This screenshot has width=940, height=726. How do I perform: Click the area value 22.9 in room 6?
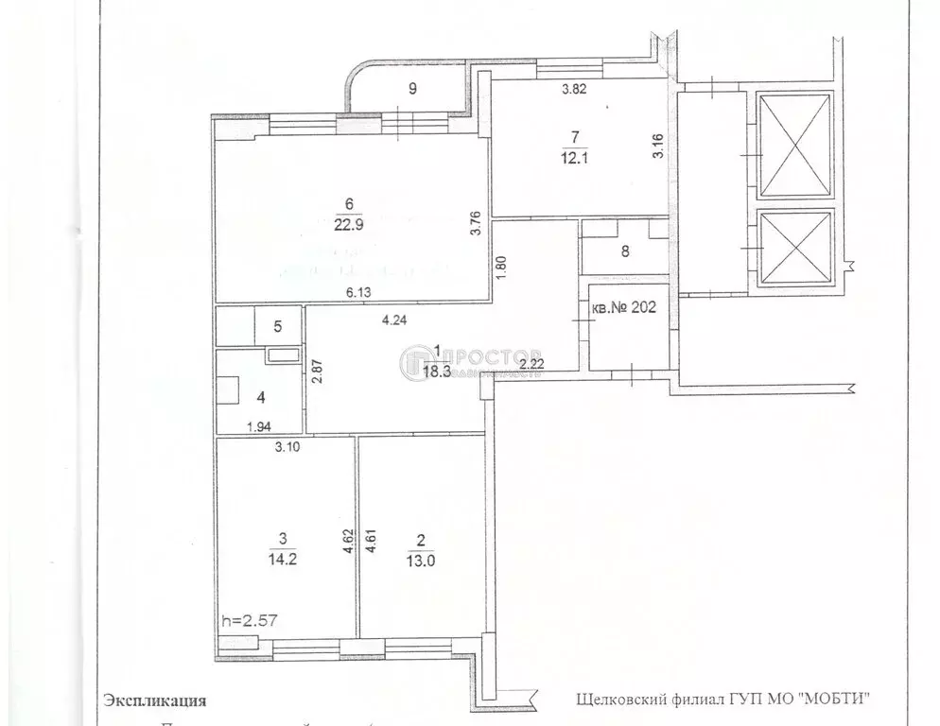click(350, 226)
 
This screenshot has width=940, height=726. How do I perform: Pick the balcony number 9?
click(412, 90)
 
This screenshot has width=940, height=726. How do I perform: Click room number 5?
click(278, 327)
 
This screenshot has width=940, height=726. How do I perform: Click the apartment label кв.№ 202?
click(623, 306)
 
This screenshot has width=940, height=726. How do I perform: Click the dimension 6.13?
click(357, 294)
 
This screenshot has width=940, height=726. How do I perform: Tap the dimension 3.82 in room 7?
click(574, 91)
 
